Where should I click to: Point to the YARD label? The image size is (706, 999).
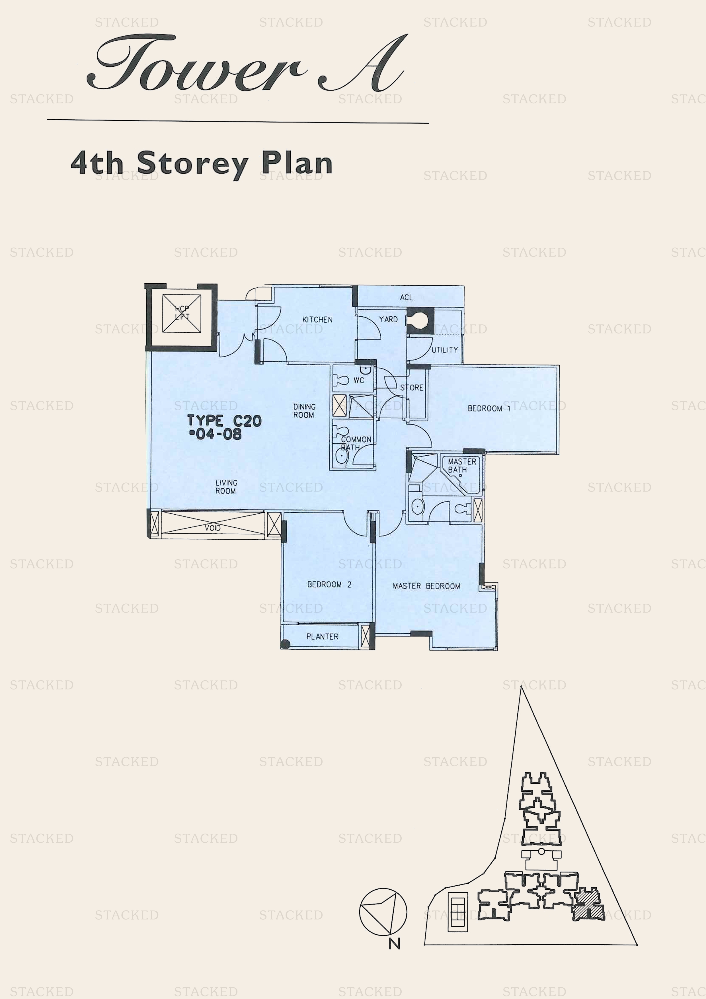pyautogui.click(x=388, y=319)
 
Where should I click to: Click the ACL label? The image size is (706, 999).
pyautogui.click(x=406, y=298)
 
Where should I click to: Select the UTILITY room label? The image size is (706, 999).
pyautogui.click(x=445, y=350)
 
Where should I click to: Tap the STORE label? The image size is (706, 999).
pyautogui.click(x=412, y=388)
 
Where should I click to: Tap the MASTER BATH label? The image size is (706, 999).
pyautogui.click(x=461, y=466)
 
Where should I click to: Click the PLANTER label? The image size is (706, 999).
pyautogui.click(x=322, y=636)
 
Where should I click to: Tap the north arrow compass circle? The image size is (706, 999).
pyautogui.click(x=383, y=912)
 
